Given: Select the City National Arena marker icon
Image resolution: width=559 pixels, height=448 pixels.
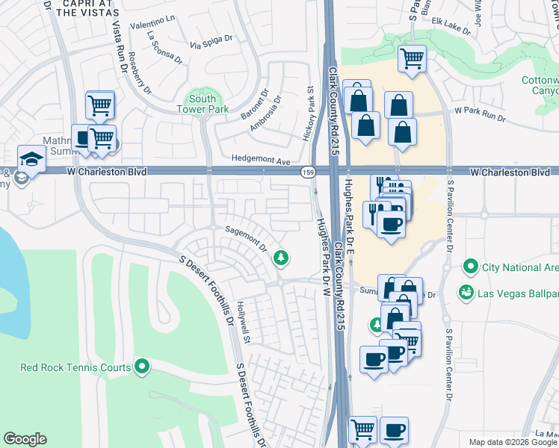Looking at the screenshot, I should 470,267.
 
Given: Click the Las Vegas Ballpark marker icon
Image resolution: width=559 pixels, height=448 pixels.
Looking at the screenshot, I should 466,291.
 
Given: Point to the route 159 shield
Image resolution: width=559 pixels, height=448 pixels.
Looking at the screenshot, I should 307,172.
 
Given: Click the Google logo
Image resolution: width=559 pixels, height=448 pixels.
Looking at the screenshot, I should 25,439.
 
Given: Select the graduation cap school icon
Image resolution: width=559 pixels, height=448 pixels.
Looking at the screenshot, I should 31,158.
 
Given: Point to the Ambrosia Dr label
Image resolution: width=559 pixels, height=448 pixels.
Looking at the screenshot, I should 265,111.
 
